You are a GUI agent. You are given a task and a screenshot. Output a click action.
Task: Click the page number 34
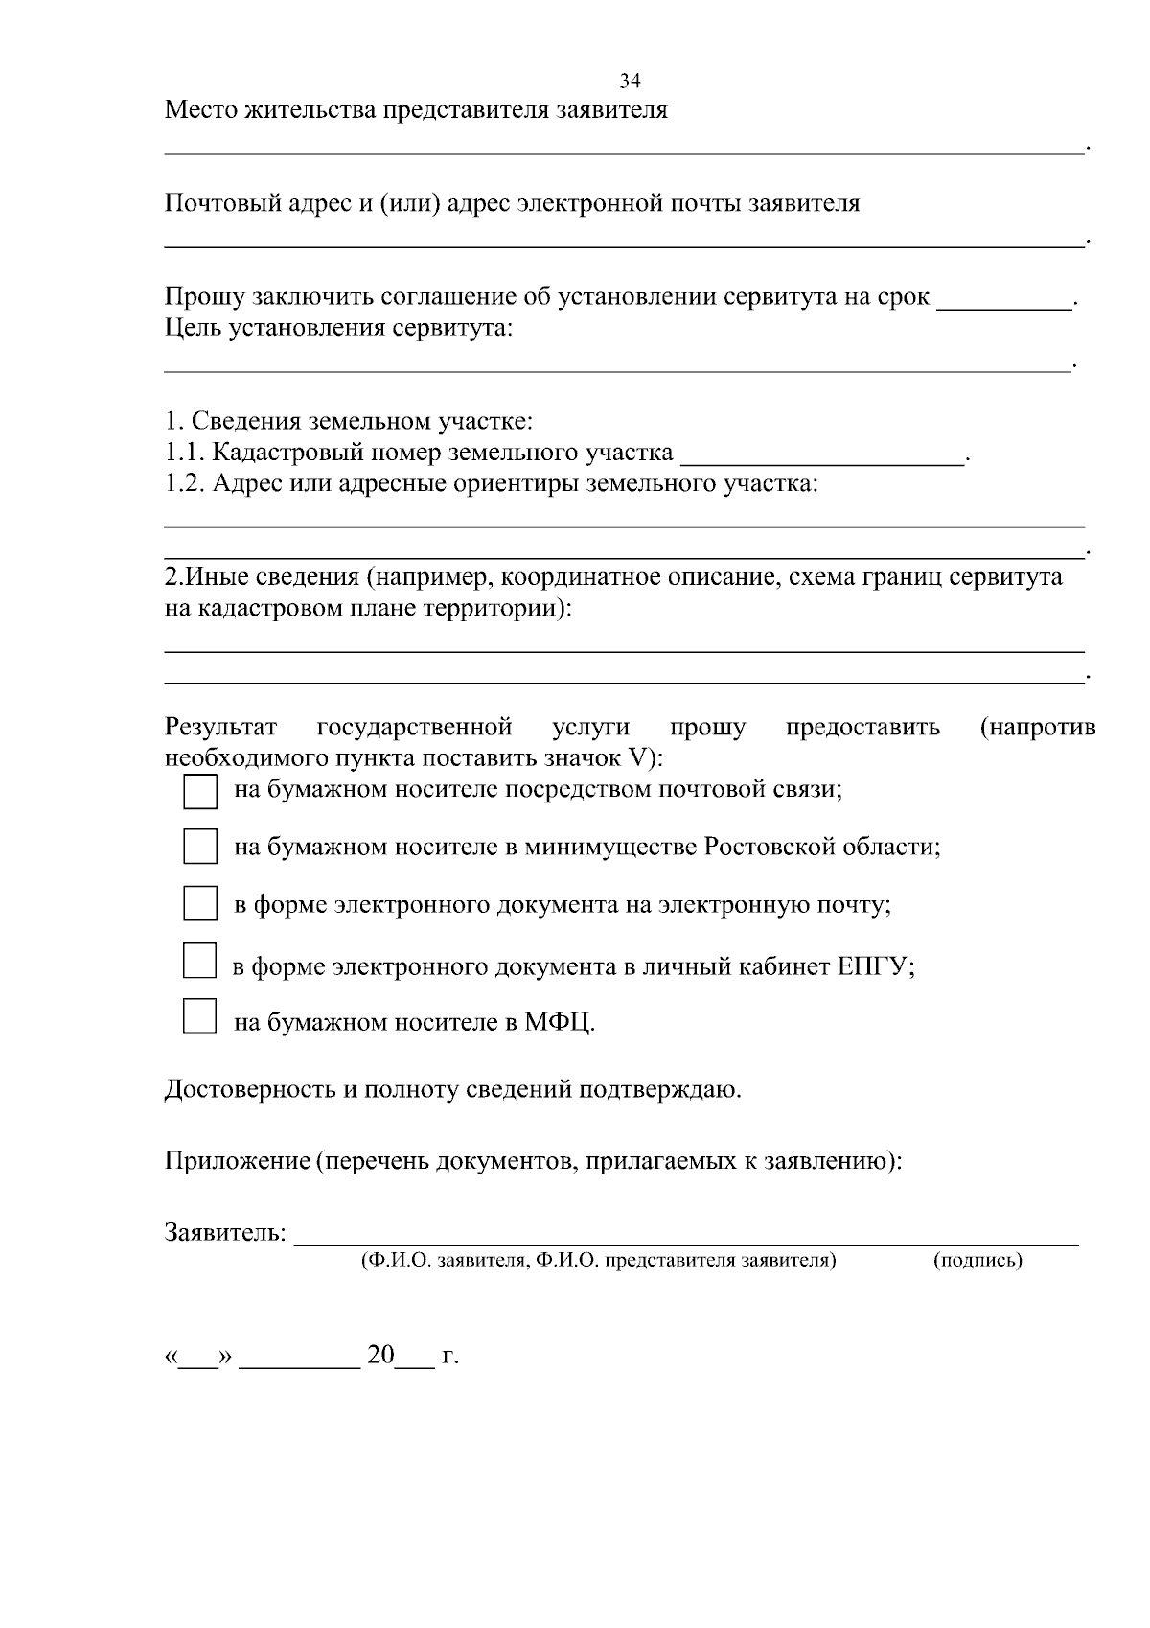tap(630, 81)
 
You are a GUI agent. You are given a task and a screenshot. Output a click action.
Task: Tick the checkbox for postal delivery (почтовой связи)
tap(199, 792)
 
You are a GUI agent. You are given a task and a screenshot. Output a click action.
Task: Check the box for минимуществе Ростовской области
tap(199, 848)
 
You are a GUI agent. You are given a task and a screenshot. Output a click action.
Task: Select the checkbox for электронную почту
tap(199, 904)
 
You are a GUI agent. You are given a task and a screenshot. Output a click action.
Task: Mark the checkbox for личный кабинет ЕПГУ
tap(199, 961)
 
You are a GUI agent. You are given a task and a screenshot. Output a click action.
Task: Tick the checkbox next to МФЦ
tap(199, 1015)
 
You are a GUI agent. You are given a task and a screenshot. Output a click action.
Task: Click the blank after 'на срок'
tap(1003, 301)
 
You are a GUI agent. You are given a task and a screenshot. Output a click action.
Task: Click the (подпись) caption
tap(977, 1261)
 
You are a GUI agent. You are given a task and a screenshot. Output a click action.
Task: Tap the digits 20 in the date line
tap(380, 1355)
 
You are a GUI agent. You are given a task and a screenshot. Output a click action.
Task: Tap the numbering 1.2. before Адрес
tap(184, 483)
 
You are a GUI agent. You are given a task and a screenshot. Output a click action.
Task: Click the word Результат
tap(220, 728)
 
